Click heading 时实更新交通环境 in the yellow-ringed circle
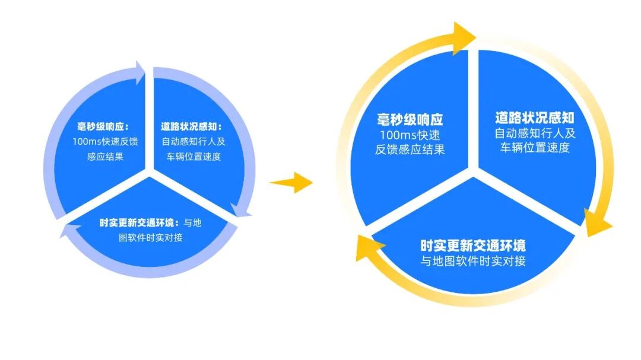473,246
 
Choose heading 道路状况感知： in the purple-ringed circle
191,126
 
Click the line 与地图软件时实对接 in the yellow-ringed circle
473,261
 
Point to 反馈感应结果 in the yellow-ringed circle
410,149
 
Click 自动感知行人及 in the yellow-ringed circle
535,133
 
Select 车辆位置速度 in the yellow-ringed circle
535,148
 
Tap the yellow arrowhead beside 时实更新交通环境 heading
366,247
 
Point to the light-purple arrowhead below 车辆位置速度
241,211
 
